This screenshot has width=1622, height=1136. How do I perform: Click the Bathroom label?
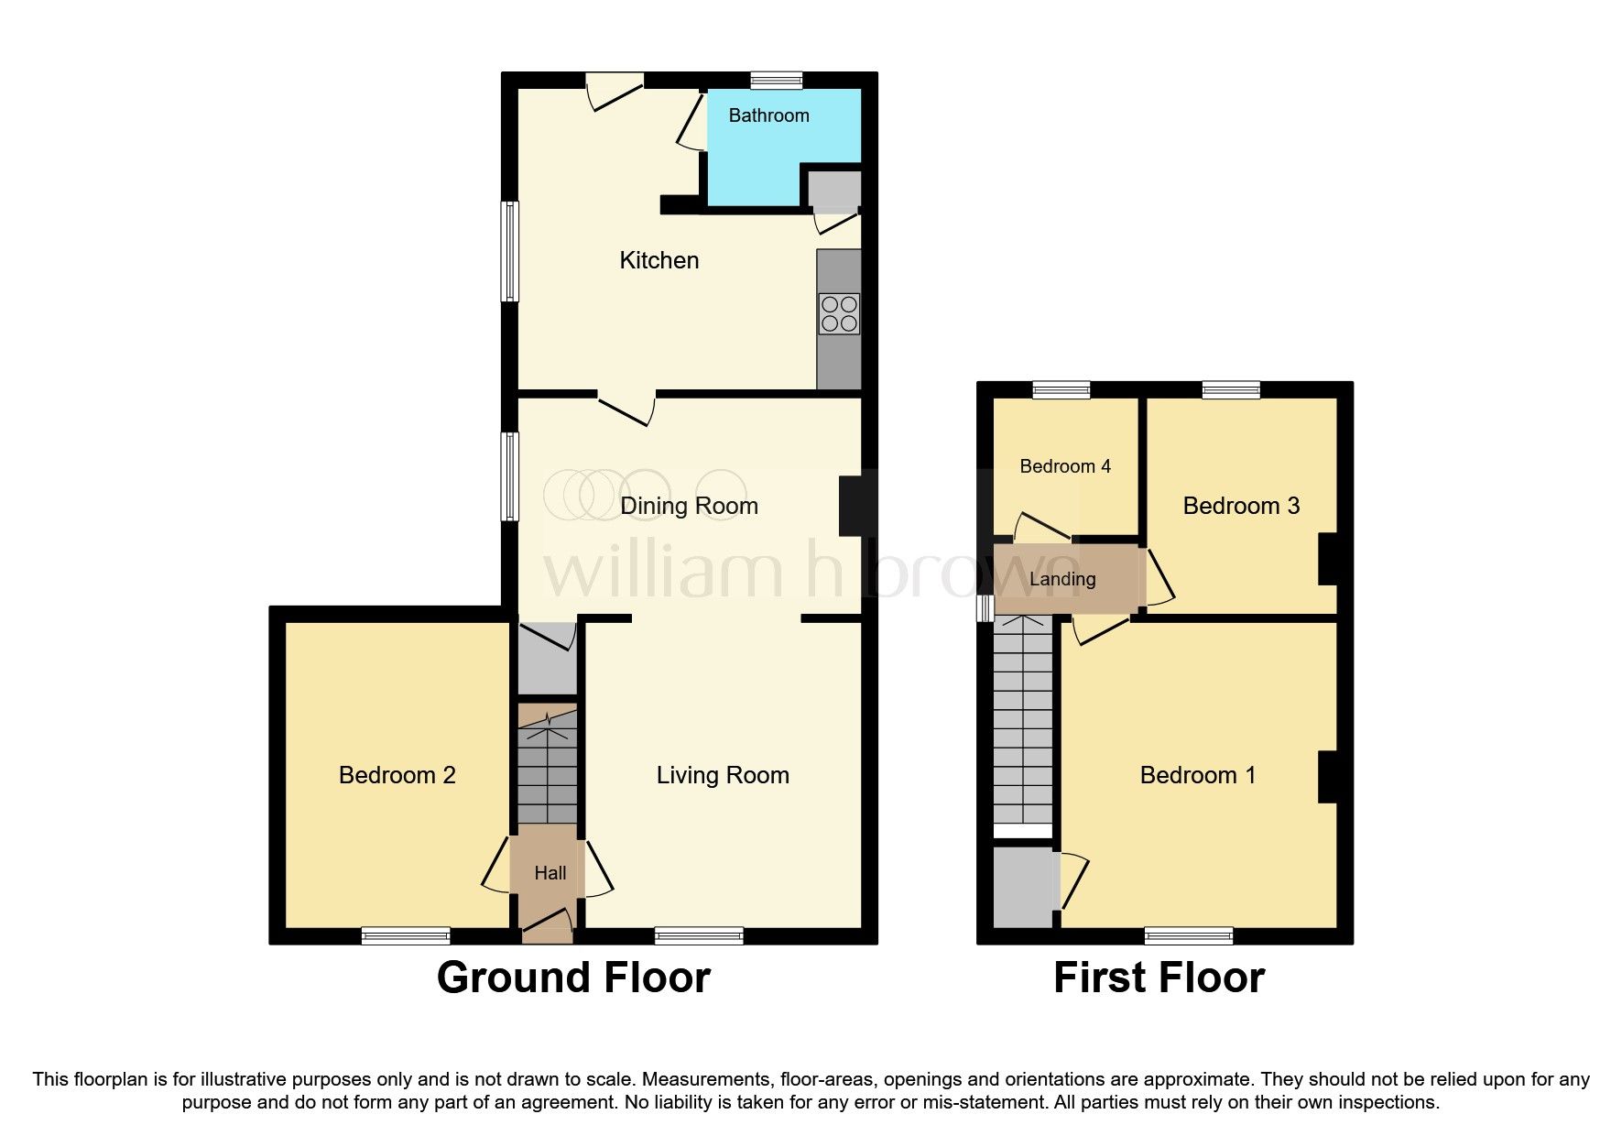pos(768,115)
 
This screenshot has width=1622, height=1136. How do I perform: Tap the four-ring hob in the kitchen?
pos(839,313)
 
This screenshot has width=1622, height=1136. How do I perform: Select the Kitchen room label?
pos(659,260)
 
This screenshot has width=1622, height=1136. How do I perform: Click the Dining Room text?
pos(689,506)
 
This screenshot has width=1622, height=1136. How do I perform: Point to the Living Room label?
pos(722,775)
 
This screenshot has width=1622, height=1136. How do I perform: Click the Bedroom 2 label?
pos(397,775)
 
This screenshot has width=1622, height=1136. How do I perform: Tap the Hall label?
pos(550,873)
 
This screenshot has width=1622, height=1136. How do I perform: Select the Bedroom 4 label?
pos(1064,466)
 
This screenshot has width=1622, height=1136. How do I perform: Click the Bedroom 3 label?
pos(1240,506)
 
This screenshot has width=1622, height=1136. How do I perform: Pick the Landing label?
pos(1061,579)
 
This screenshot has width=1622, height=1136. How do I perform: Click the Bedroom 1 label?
pos(1197,775)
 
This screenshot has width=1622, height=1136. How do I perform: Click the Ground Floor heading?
pos(573,978)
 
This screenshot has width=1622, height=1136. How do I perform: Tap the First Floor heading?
pos(1159,978)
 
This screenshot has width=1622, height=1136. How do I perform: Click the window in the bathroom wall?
pos(776,81)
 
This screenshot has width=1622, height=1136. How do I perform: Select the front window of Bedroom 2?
pos(405,935)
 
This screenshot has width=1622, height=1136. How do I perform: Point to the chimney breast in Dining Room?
pos(852,506)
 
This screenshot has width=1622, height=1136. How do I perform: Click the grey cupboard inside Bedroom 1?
pos(1024,887)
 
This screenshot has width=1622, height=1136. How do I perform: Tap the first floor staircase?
pos(1023,724)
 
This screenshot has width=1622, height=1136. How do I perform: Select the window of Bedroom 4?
pos(1061,390)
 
